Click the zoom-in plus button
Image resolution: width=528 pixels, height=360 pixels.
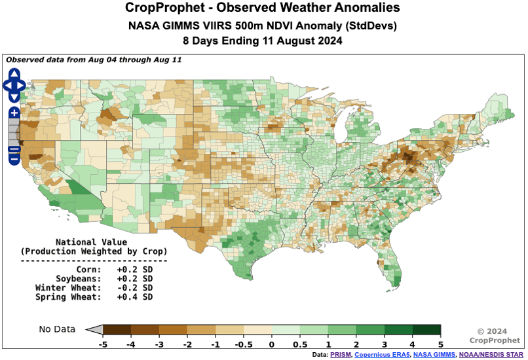click(14, 113)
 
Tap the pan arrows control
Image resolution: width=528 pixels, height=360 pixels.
click(14, 85)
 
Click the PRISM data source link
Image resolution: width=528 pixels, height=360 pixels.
click(341, 355)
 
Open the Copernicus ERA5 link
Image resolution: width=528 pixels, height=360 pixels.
click(382, 355)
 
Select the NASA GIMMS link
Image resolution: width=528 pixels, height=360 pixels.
click(433, 355)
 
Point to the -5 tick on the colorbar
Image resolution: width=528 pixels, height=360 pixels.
click(103, 343)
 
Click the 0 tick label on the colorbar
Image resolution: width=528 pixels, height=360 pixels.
click(272, 343)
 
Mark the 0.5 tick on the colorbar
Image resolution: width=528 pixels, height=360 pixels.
click(300, 343)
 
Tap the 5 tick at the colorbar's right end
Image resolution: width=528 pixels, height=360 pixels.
click(441, 343)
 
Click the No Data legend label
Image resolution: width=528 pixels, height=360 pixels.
click(57, 329)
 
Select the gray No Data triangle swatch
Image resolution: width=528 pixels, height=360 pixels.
click(95, 329)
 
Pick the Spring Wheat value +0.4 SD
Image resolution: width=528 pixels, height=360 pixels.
click(135, 297)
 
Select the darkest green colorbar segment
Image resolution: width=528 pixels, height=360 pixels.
click(426, 329)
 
